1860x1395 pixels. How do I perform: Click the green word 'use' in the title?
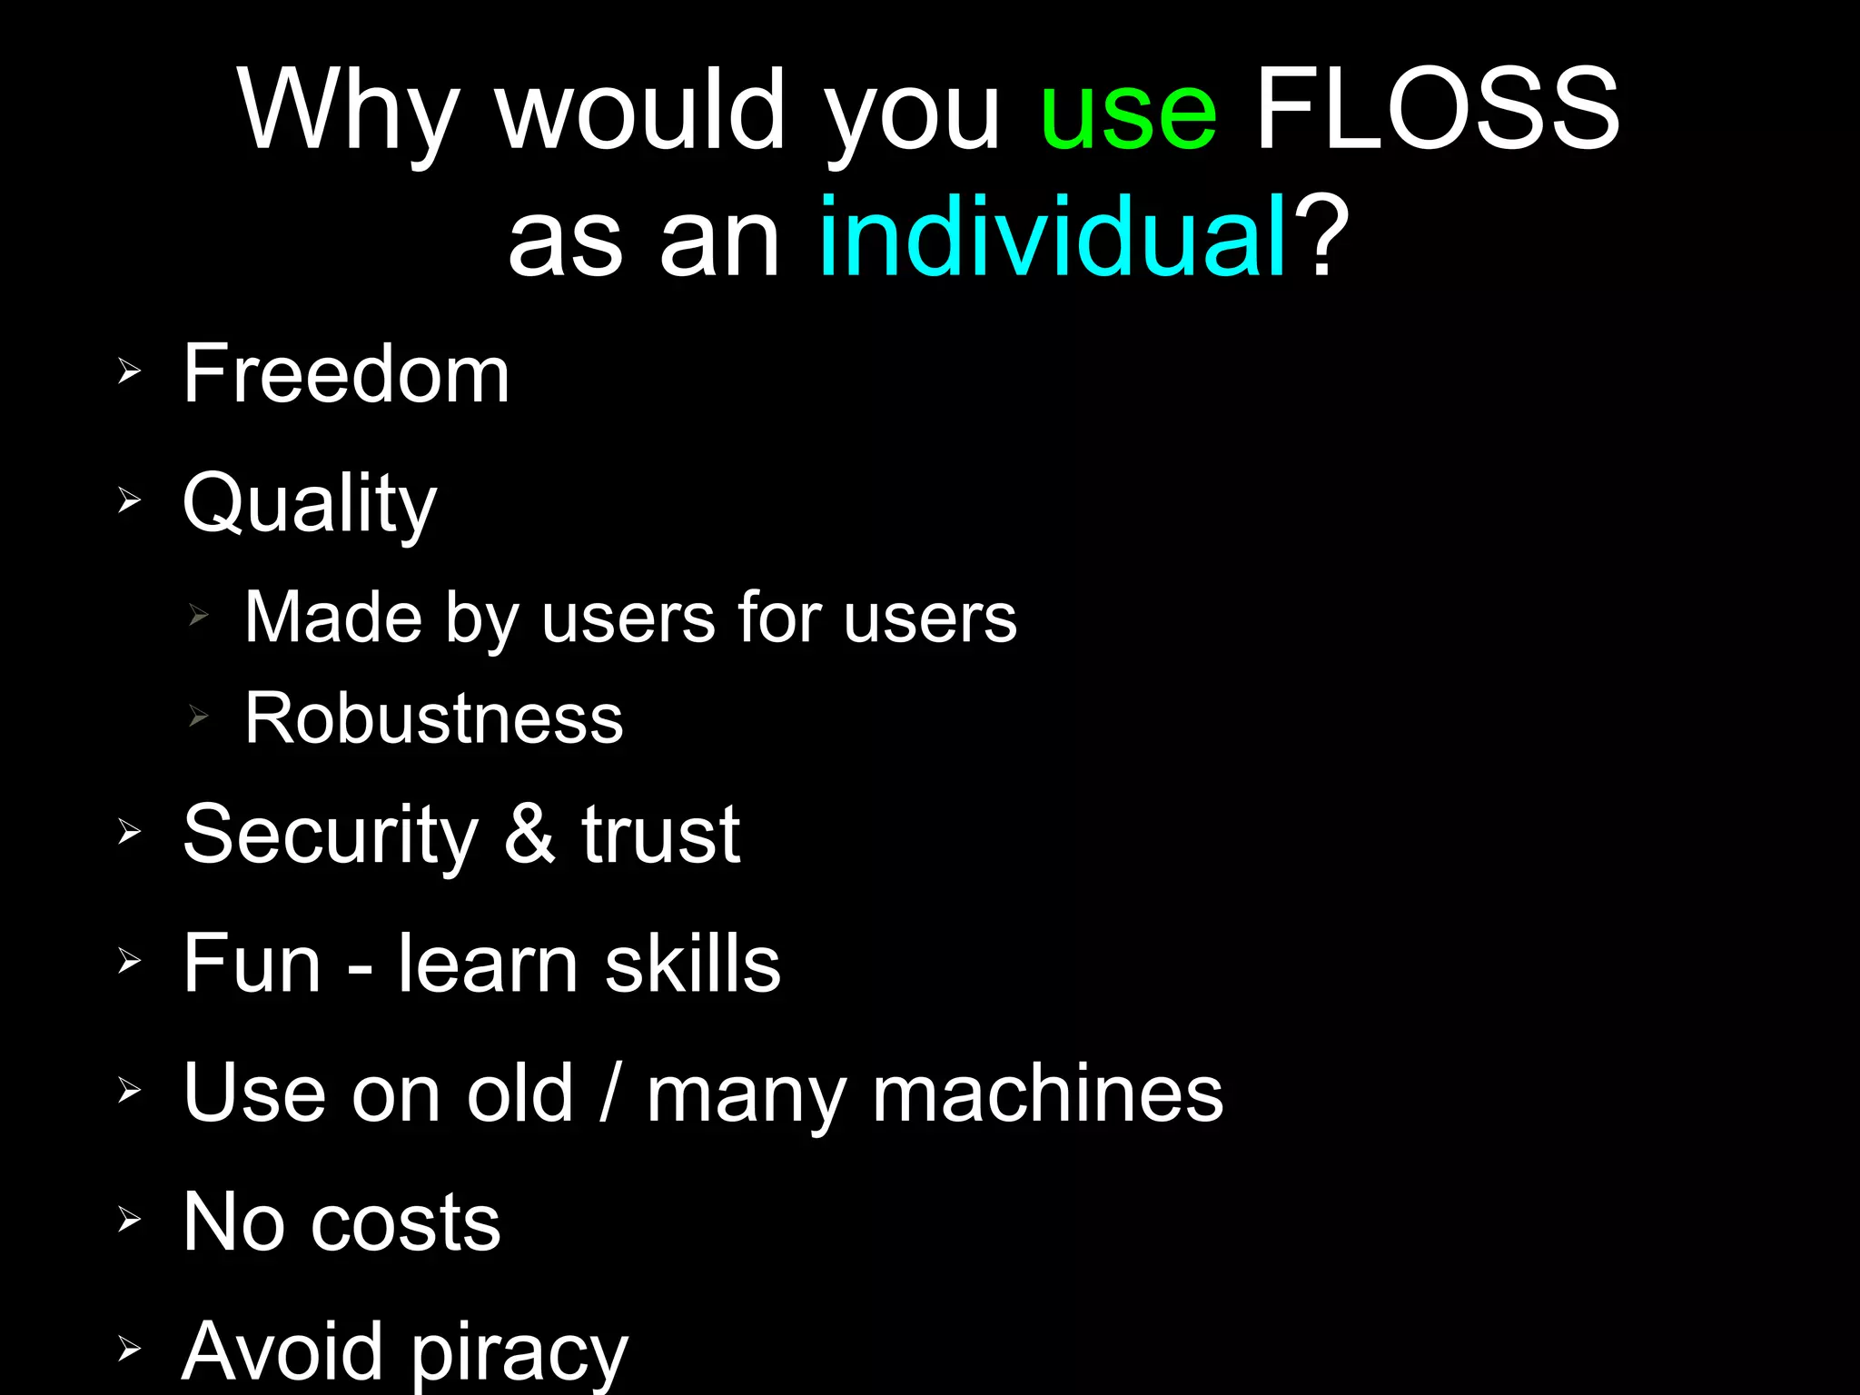1128,114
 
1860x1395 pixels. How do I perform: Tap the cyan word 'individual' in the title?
1053,238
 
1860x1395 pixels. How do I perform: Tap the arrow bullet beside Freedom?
129,371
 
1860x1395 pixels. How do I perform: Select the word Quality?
310,505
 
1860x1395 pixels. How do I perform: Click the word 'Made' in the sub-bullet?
334,618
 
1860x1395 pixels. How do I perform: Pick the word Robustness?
434,718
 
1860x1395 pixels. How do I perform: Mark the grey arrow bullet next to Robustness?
199,717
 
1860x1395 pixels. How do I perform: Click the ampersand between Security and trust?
529,833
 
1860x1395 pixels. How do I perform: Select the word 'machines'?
1047,1093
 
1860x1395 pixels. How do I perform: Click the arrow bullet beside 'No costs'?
129,1220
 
